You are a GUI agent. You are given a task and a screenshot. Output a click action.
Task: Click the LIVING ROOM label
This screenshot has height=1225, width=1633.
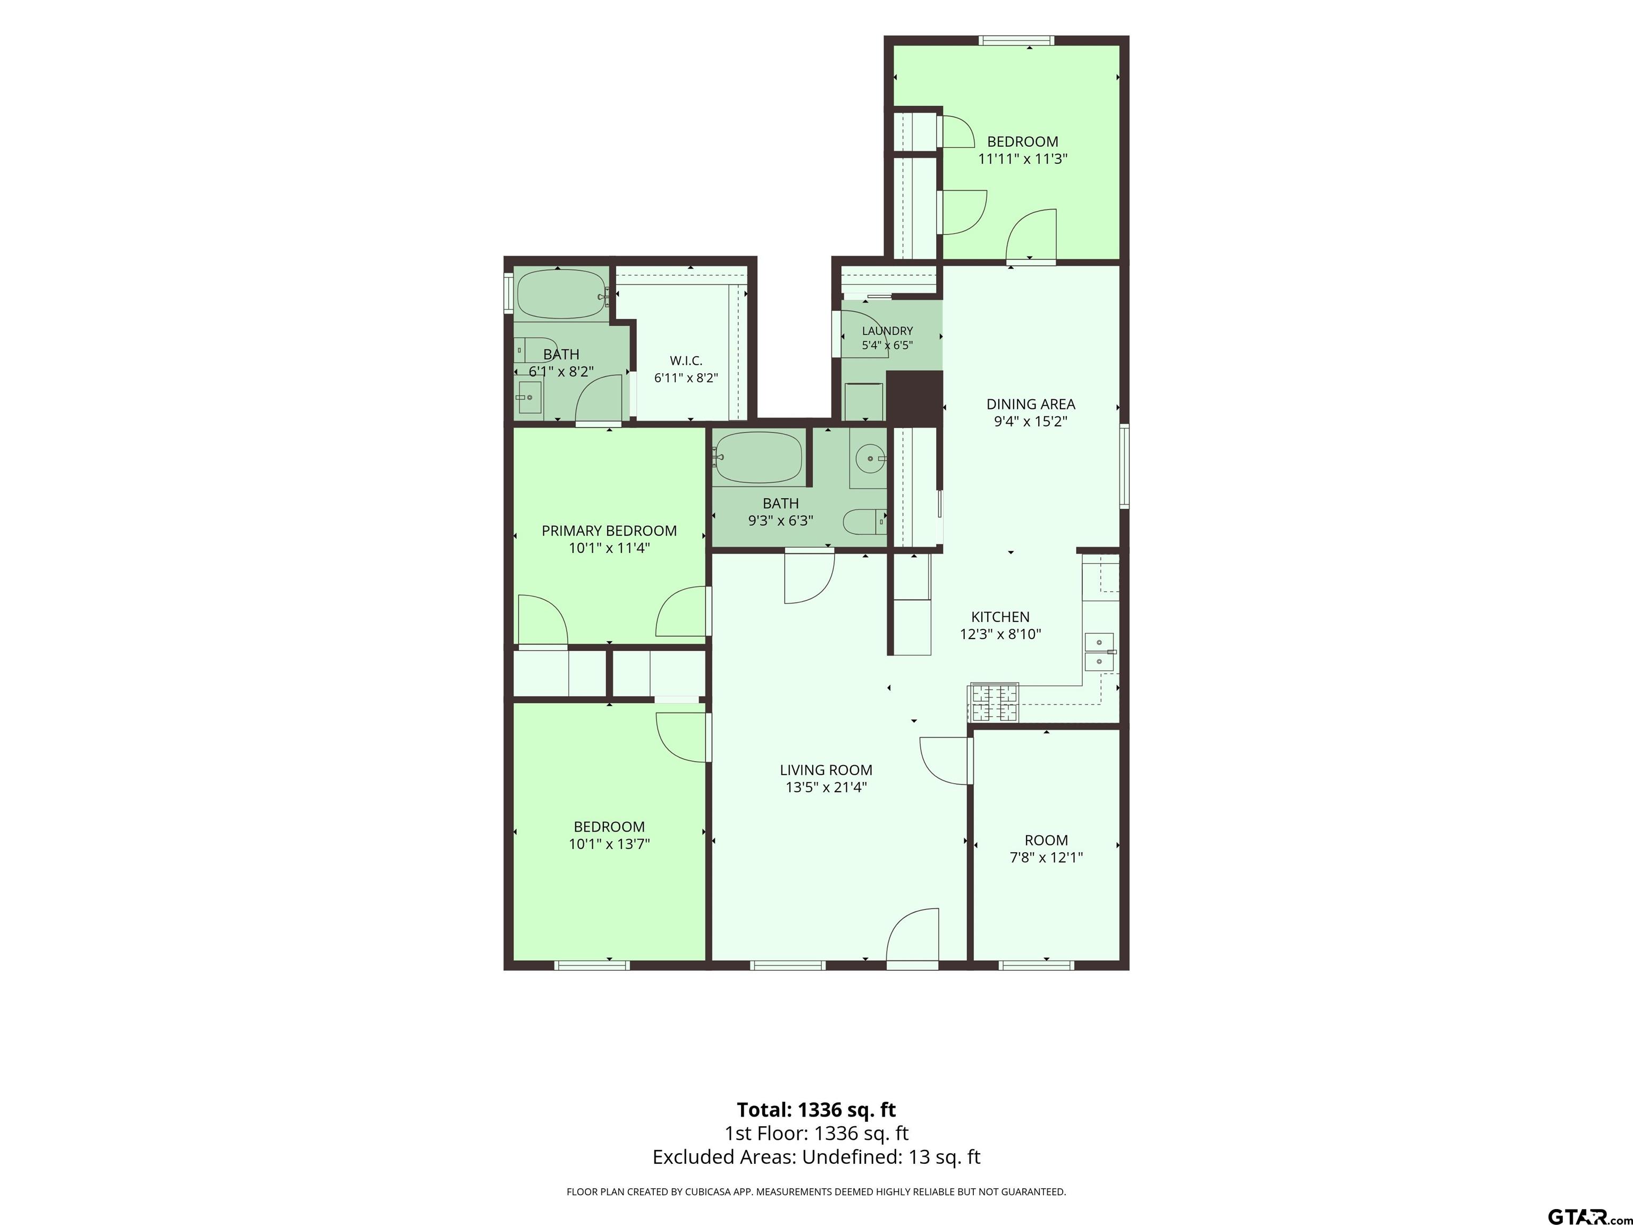826,769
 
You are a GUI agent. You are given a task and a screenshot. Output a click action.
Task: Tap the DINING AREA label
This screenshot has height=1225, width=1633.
1031,404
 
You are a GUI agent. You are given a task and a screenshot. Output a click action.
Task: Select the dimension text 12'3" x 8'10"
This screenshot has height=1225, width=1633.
1000,634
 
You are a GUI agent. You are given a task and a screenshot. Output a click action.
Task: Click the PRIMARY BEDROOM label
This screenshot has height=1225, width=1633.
609,530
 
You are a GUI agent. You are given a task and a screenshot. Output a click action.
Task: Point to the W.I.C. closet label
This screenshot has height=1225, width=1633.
686,360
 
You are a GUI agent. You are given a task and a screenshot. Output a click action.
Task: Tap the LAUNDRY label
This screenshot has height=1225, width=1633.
887,331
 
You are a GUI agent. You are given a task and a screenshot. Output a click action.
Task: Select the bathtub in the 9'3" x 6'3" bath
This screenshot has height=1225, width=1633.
758,458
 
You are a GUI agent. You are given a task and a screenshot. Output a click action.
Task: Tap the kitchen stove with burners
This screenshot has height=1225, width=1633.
994,702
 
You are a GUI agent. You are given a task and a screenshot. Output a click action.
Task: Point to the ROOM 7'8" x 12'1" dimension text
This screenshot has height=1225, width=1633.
1046,857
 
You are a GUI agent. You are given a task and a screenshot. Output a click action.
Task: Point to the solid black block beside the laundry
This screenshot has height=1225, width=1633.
914,399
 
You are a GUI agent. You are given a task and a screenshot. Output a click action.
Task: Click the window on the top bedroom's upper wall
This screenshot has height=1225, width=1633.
1016,40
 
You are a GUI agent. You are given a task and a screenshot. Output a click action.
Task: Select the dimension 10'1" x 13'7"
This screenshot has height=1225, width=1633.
609,844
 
